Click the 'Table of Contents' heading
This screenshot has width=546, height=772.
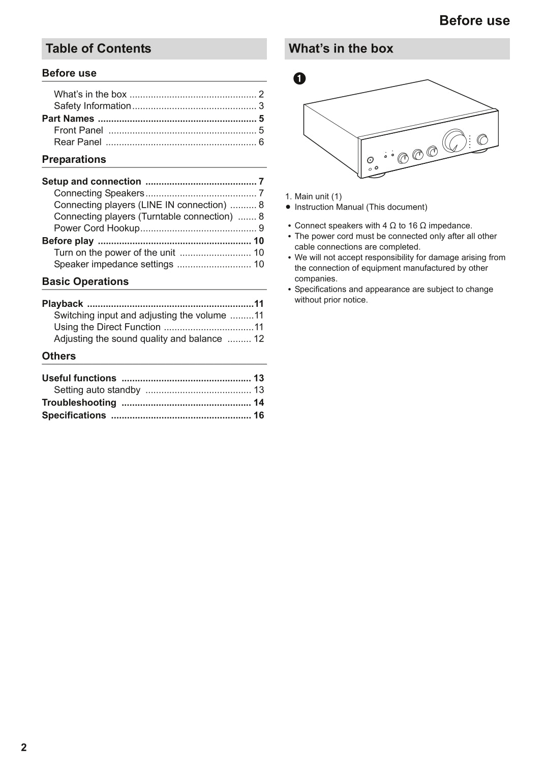point(98,49)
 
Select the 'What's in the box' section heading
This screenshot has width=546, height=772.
point(341,49)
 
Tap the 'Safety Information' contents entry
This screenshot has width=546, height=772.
point(93,106)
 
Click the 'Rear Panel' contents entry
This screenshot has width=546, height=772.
point(78,142)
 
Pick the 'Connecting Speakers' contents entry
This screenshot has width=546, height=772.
point(99,193)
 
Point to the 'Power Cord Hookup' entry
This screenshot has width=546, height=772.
point(97,228)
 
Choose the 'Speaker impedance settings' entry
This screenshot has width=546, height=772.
point(113,265)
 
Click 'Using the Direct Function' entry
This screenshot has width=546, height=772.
point(107,327)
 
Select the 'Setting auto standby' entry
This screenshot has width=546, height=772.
point(97,390)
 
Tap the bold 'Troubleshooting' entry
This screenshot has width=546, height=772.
point(79,403)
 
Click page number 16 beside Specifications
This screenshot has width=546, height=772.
point(259,415)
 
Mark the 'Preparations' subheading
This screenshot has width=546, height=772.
point(74,159)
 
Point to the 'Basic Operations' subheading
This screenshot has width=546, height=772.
point(85,281)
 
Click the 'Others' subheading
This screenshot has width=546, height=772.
point(58,356)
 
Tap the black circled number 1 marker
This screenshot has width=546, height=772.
point(300,78)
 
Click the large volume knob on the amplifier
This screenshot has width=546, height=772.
point(454,141)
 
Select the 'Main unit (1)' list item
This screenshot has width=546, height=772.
point(318,196)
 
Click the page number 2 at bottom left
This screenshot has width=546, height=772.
point(24,747)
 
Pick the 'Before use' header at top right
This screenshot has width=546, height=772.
point(474,20)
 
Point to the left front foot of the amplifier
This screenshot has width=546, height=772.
point(376,176)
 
